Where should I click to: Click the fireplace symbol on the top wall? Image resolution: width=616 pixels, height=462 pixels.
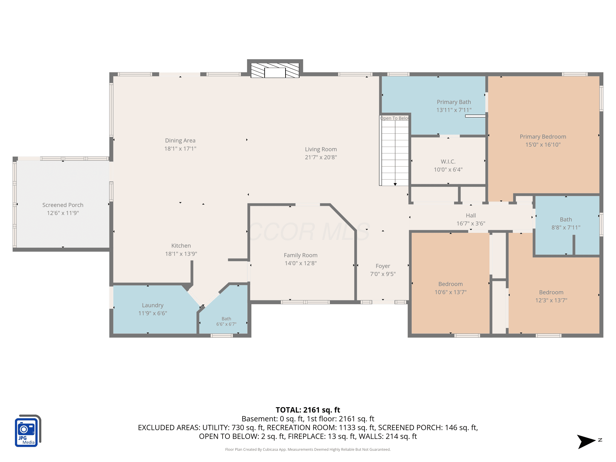275,70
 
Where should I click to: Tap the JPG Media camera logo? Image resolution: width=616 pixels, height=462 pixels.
28,431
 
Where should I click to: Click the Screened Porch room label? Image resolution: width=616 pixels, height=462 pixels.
63,205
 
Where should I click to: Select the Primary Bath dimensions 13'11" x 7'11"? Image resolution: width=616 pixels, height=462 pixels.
454,110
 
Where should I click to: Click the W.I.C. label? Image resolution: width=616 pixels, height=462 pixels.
448,162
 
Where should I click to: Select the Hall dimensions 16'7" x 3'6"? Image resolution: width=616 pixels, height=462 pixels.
471,223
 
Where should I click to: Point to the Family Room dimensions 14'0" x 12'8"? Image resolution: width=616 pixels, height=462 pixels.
301,263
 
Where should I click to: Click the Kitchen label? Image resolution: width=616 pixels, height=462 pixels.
181,246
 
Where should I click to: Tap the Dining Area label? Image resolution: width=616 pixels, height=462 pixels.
180,141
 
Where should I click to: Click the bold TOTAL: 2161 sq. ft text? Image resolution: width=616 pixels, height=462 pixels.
308,410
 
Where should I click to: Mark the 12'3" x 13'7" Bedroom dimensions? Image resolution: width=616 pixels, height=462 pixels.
551,300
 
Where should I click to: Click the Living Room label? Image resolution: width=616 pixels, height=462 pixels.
321,149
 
